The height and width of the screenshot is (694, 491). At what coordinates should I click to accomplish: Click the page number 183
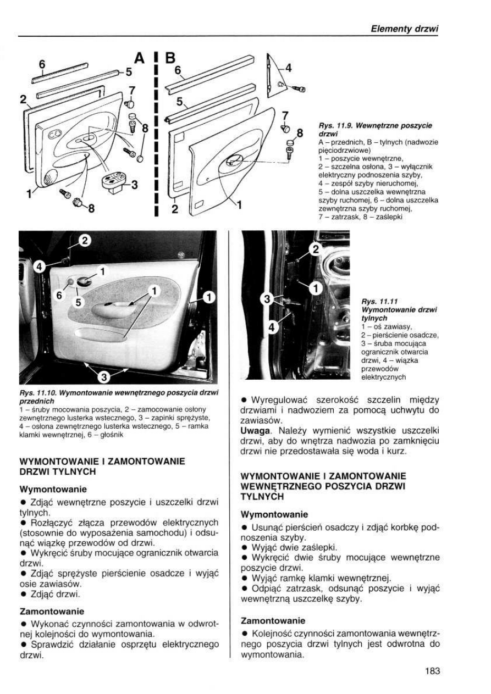(433, 670)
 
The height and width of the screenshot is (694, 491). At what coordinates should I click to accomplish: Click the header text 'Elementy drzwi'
(405, 30)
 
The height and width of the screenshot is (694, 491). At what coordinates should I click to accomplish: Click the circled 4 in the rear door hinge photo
(271, 329)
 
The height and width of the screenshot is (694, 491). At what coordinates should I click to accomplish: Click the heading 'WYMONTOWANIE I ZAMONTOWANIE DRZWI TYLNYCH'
(102, 466)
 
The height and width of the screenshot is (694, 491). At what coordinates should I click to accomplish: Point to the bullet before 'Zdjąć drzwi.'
(24, 594)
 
